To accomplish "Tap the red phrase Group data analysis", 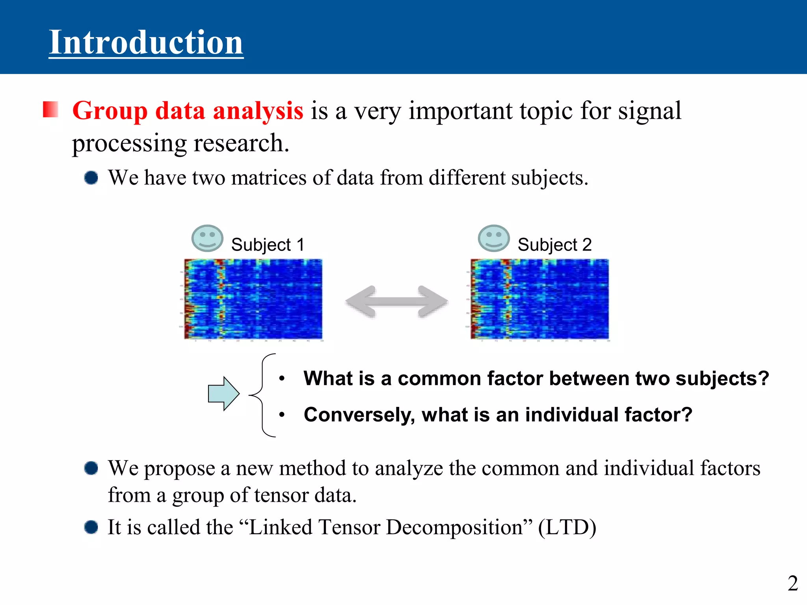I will (188, 111).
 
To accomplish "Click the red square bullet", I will (50, 109).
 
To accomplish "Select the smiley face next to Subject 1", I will (207, 238).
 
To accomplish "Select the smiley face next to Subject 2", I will (493, 238).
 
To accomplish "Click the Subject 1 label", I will (268, 245).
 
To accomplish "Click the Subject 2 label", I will (554, 245).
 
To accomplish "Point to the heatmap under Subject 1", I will (253, 299).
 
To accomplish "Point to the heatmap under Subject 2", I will (539, 299).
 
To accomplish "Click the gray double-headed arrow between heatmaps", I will (396, 302).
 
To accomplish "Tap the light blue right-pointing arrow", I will (223, 393).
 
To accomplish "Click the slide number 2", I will (792, 583).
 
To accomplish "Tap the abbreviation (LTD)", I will (567, 527).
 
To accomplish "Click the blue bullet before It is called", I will (91, 527).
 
